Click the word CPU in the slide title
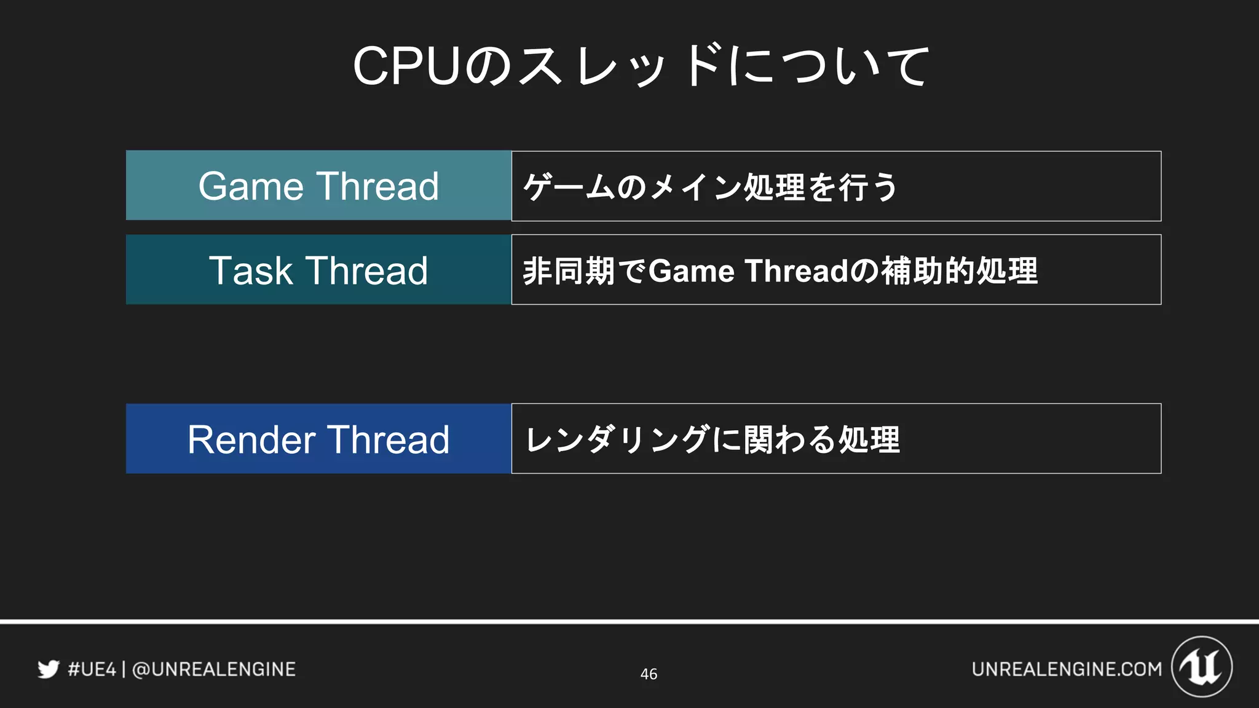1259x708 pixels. pyautogui.click(x=406, y=66)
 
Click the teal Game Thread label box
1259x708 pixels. pyautogui.click(x=318, y=186)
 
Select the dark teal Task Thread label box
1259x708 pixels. pyautogui.click(x=318, y=270)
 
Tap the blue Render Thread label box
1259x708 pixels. pyautogui.click(x=318, y=439)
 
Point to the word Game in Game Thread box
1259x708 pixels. pyautogui.click(x=251, y=186)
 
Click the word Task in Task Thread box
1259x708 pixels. pyautogui.click(x=251, y=270)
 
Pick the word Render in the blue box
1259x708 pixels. pyautogui.click(x=251, y=439)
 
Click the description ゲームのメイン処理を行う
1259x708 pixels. pyautogui.click(x=710, y=187)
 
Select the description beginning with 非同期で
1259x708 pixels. pyautogui.click(x=779, y=270)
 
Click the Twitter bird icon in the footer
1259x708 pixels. pyautogui.click(x=49, y=669)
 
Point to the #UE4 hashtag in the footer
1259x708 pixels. pyautogui.click(x=92, y=669)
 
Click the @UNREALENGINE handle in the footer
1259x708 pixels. pyautogui.click(x=214, y=669)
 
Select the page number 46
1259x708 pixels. pyautogui.click(x=649, y=674)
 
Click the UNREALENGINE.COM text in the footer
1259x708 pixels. pyautogui.click(x=1067, y=669)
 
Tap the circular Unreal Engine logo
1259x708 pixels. pyautogui.click(x=1202, y=667)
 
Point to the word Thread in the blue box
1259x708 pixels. pyautogui.click(x=388, y=439)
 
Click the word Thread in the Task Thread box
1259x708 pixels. pyautogui.click(x=367, y=270)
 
